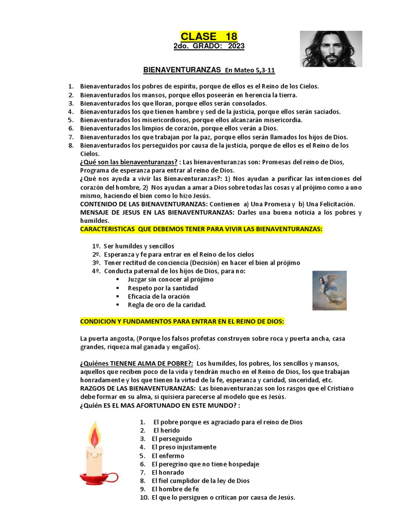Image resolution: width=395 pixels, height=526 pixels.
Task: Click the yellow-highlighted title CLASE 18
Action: coord(209,36)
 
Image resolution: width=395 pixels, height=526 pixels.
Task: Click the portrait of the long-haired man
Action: coord(331,49)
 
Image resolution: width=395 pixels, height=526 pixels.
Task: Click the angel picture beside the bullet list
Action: coord(329,291)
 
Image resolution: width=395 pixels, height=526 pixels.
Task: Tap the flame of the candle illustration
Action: coord(95,435)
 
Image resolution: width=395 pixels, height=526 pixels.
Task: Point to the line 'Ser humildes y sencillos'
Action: coord(139,246)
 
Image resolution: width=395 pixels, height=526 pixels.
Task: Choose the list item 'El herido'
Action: coord(164,430)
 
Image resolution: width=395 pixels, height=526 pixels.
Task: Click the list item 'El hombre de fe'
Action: coord(175,489)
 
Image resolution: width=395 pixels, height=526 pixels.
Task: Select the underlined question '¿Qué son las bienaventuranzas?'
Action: coord(129,162)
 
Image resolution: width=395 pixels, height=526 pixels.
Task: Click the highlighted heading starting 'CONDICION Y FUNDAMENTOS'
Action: coord(182,322)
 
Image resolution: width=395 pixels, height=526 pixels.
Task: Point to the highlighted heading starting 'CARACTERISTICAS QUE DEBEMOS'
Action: coord(201,229)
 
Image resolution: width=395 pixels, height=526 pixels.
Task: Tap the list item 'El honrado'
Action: coord(168,472)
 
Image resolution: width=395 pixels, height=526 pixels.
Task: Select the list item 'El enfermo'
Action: coord(168,456)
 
